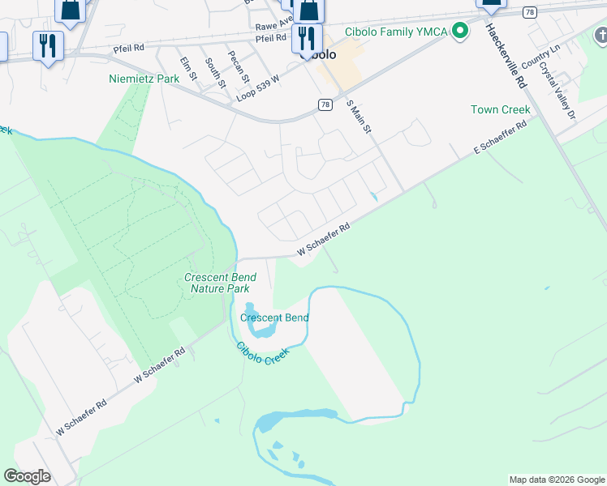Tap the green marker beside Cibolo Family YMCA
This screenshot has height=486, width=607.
coord(461,32)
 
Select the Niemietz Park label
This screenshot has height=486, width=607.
coord(144,79)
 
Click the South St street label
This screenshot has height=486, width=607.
coord(213,70)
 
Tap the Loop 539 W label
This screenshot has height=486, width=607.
coord(258,87)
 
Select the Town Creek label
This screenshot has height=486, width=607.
coord(500,109)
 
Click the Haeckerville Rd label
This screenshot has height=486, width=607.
coord(507,55)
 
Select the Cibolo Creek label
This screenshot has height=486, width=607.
coord(262,353)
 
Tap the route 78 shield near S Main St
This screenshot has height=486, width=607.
coord(325,104)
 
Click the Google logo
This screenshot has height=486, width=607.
coord(27,476)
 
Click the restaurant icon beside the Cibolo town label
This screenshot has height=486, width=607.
coord(306,37)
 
